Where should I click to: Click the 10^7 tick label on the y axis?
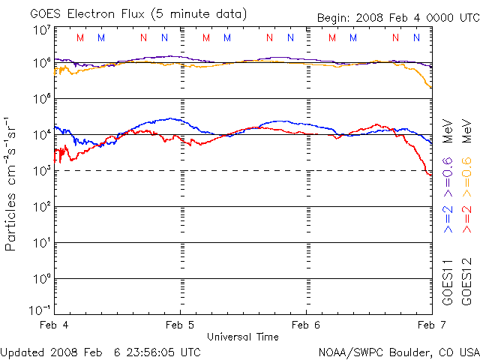(x=42, y=29)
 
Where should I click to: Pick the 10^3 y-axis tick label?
(x=42, y=170)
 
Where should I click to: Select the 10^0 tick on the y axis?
(x=42, y=278)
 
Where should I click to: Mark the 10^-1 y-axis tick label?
(x=40, y=310)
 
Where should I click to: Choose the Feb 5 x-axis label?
(x=180, y=325)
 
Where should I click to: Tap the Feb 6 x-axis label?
(x=306, y=325)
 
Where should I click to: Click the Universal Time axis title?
(x=243, y=337)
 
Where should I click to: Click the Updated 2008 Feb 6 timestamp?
(x=100, y=351)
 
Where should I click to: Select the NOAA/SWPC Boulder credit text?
(x=398, y=351)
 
